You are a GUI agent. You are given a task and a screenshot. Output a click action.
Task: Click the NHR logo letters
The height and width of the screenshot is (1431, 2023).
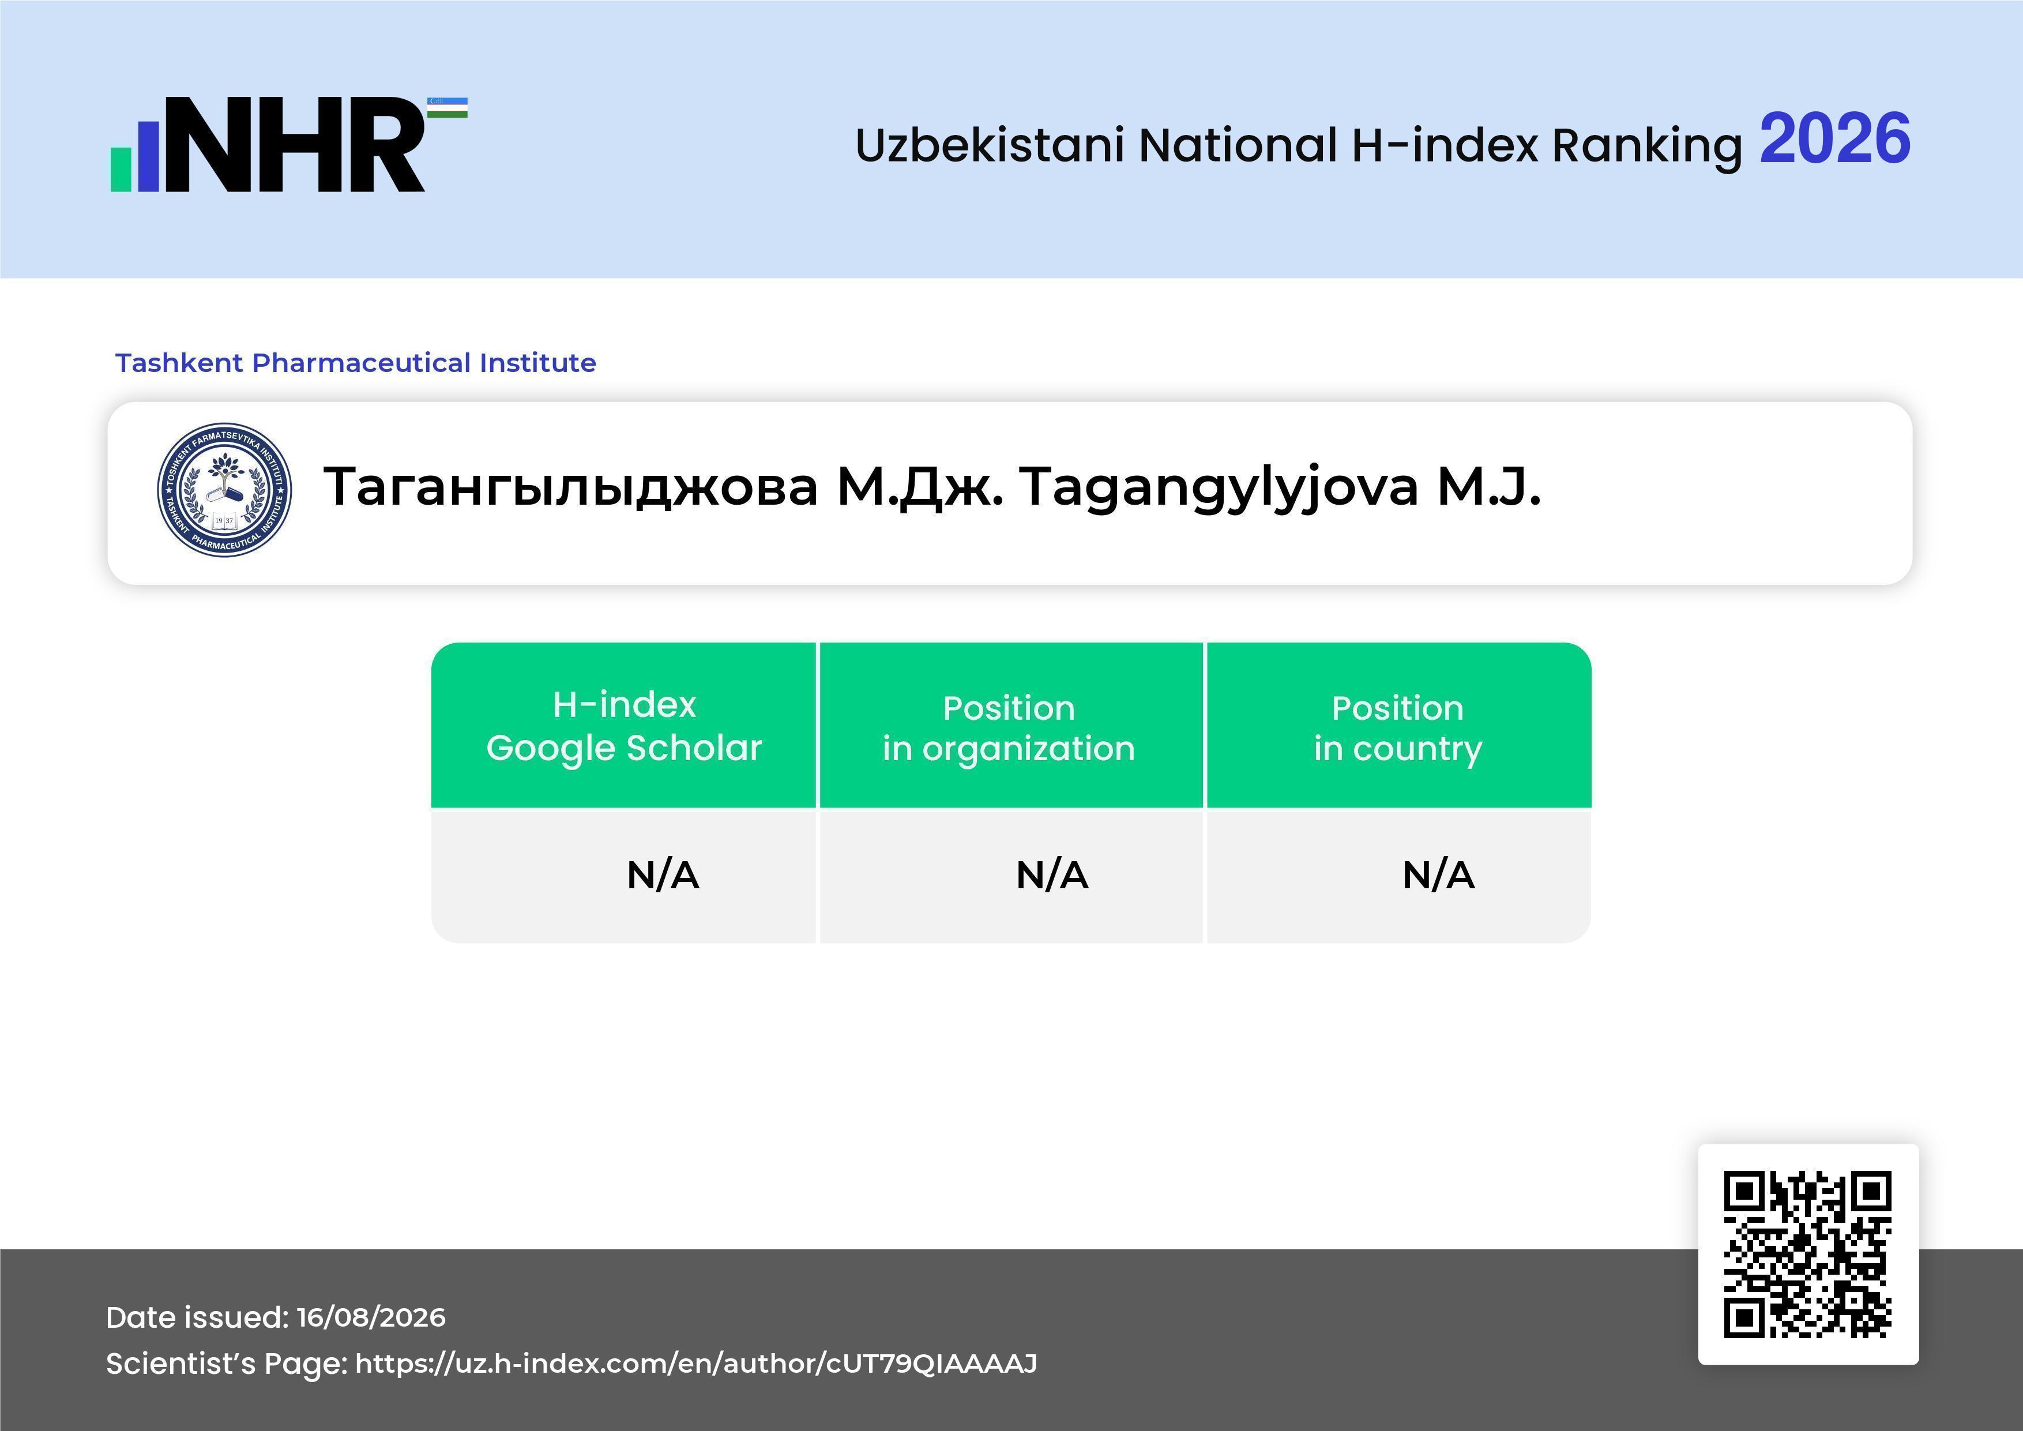295,145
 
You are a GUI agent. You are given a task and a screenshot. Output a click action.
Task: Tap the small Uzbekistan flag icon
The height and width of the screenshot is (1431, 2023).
448,107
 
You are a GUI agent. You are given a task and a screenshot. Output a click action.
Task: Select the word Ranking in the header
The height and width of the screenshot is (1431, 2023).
1647,145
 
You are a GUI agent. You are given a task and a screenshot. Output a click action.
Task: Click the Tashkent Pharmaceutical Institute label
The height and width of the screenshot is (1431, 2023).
356,363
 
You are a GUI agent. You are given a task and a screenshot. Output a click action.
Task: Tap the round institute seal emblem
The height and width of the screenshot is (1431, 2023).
225,490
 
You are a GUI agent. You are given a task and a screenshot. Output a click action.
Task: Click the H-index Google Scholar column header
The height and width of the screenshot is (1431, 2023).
624,726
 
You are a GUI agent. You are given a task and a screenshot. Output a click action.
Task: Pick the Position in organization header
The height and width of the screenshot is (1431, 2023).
1009,728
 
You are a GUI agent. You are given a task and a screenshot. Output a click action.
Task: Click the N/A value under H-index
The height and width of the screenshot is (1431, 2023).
663,875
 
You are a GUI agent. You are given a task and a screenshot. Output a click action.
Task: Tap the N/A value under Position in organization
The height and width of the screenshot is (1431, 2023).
1052,875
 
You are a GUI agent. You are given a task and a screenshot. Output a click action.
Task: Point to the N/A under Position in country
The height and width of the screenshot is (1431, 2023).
1438,875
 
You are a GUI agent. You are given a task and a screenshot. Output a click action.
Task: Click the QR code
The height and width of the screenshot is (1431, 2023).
1808,1255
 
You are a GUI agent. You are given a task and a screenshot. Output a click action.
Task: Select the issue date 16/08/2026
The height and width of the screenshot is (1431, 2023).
371,1317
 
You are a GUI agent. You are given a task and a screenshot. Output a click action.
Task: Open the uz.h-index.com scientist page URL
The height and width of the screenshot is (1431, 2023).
696,1364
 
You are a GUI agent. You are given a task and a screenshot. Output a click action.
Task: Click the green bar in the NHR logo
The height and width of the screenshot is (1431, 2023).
121,168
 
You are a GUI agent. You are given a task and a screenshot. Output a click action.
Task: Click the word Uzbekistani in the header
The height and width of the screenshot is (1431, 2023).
990,145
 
